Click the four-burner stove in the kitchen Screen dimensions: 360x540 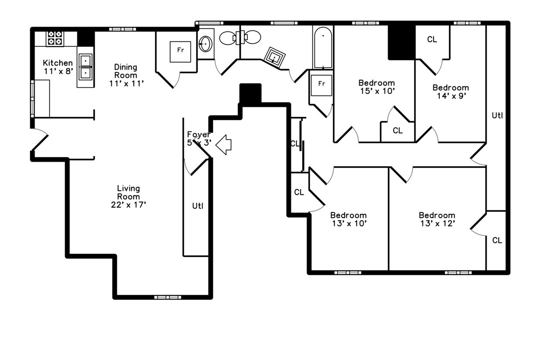pos(55,38)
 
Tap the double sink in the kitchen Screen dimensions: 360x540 pos(85,67)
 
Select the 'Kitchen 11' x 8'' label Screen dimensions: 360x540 pos(57,67)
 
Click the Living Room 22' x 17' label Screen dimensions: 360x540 pos(128,196)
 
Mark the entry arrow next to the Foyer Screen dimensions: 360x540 pos(224,145)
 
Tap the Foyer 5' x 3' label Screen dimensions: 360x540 pos(199,138)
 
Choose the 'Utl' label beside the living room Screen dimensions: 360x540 pos(197,206)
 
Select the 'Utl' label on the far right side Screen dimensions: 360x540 pos(497,115)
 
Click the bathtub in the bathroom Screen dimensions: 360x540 pos(323,47)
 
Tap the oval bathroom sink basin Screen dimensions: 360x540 pos(206,44)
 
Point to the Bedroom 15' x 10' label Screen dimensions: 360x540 pos(377,87)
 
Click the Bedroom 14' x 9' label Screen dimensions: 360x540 pos(450,92)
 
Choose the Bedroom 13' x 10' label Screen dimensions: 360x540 pos(348,219)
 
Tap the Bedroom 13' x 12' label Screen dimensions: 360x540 pos(437,219)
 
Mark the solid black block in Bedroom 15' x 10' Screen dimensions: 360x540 pos(401,42)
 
